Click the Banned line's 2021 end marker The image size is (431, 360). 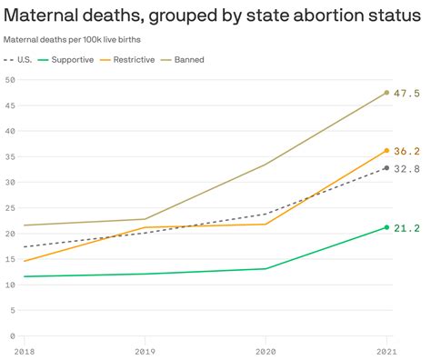386,93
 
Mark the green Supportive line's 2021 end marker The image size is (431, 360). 386,227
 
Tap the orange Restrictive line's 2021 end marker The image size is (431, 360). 386,151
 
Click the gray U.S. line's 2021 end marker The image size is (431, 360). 386,168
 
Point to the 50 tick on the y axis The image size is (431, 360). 9,80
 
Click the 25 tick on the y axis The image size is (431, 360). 9,208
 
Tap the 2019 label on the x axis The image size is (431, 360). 145,350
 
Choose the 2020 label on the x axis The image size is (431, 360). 266,350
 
